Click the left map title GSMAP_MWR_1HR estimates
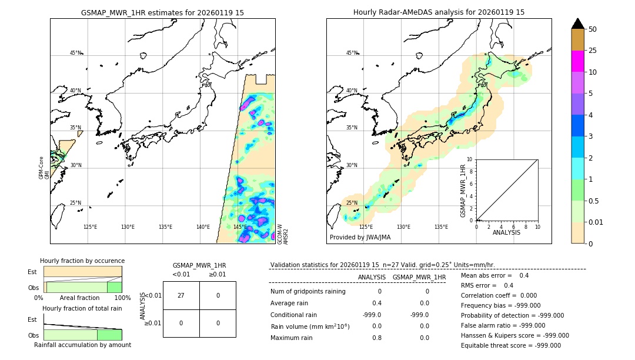[162, 12]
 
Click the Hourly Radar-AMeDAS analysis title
[439, 12]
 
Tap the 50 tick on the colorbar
[593, 29]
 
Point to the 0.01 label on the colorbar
[596, 222]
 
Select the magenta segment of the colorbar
[577, 61]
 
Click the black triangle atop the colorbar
[577, 24]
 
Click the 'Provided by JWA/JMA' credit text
[360, 238]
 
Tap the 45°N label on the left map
[76, 53]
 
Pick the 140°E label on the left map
[203, 227]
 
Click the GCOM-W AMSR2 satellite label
[283, 234]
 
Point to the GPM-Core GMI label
[44, 168]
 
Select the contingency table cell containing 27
[181, 295]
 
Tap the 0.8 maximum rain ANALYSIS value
[376, 338]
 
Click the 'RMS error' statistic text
[487, 285]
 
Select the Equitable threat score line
[510, 345]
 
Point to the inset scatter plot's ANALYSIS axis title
[507, 233]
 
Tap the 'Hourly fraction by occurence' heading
[82, 261]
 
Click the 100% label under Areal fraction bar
[122, 298]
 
